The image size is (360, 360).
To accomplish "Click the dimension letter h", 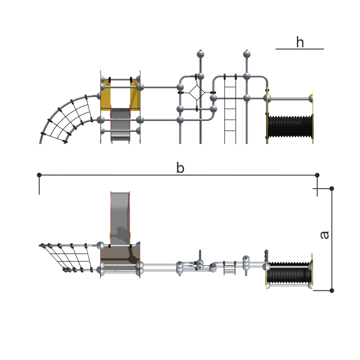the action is pos(300,42).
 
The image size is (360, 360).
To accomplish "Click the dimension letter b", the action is pos(180,167).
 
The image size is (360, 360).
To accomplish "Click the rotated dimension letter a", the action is pos(324,235).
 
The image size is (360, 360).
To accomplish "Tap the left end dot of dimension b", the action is pos(39,175).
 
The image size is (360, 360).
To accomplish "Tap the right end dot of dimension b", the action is pos(317,175).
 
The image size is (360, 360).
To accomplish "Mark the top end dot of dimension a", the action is pos(332,189).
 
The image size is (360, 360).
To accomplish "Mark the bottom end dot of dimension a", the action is pos(332,290).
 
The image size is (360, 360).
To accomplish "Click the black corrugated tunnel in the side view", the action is pos(290,126).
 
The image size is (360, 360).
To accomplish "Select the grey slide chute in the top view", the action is pos(120,218).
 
